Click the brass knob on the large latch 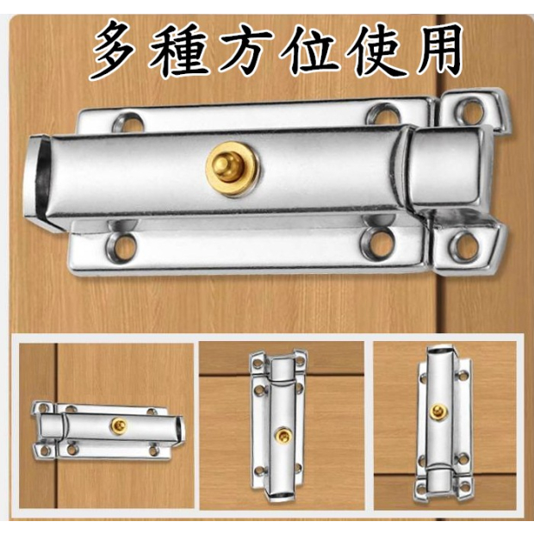[233, 169]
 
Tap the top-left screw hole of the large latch [127, 122]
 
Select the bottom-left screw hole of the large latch [122, 247]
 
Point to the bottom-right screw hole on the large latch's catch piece [465, 245]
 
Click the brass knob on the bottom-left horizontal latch [119, 425]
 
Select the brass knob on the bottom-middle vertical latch [283, 435]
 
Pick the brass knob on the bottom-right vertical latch [438, 412]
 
